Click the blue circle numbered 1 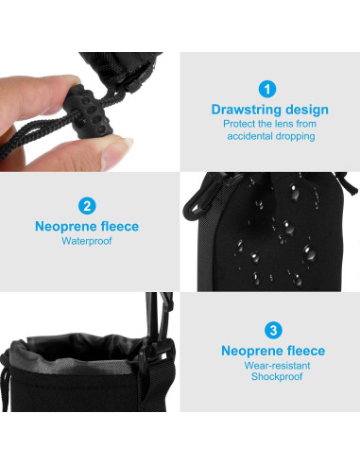[269, 90]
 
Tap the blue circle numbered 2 [87, 205]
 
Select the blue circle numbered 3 [273, 330]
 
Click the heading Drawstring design [269, 110]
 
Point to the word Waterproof [87, 241]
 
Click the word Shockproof [273, 377]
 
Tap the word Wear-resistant [273, 365]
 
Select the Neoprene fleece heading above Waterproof [87, 226]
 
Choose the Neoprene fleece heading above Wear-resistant [273, 351]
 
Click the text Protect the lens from [269, 124]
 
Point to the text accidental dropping [269, 136]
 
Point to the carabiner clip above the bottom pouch [150, 317]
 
